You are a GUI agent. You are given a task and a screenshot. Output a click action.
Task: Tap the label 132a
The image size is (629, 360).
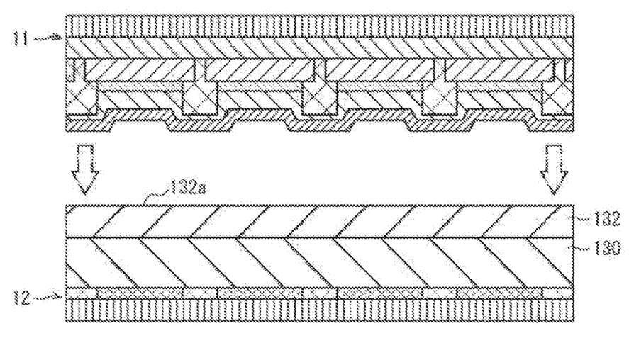[188, 188]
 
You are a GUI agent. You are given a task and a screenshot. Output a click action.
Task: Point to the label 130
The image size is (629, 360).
[606, 248]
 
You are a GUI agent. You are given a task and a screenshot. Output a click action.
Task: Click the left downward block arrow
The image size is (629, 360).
[85, 169]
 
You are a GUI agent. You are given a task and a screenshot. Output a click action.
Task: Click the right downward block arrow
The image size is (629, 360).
[554, 169]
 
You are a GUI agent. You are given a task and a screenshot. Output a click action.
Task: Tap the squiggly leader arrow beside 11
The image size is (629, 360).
[48, 38]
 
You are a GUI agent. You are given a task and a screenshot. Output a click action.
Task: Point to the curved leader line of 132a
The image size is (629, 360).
[157, 196]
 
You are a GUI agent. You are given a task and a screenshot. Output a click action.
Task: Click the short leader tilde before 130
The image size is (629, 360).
[581, 248]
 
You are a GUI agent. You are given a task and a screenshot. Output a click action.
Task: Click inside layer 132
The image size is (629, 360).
[319, 221]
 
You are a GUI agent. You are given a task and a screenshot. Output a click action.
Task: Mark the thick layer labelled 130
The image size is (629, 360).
[319, 262]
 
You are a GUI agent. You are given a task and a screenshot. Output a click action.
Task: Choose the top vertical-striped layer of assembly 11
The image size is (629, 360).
[319, 26]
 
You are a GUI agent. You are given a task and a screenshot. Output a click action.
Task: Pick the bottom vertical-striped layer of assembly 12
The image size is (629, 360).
[319, 310]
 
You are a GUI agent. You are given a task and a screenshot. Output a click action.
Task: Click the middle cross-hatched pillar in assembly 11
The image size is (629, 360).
[319, 99]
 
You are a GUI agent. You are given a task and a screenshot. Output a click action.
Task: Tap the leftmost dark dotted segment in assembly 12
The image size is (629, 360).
[140, 293]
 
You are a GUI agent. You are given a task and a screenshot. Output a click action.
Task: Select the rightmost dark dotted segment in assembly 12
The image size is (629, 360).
[500, 293]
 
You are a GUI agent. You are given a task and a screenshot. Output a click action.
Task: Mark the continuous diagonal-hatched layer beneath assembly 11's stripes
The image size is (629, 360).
[319, 48]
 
